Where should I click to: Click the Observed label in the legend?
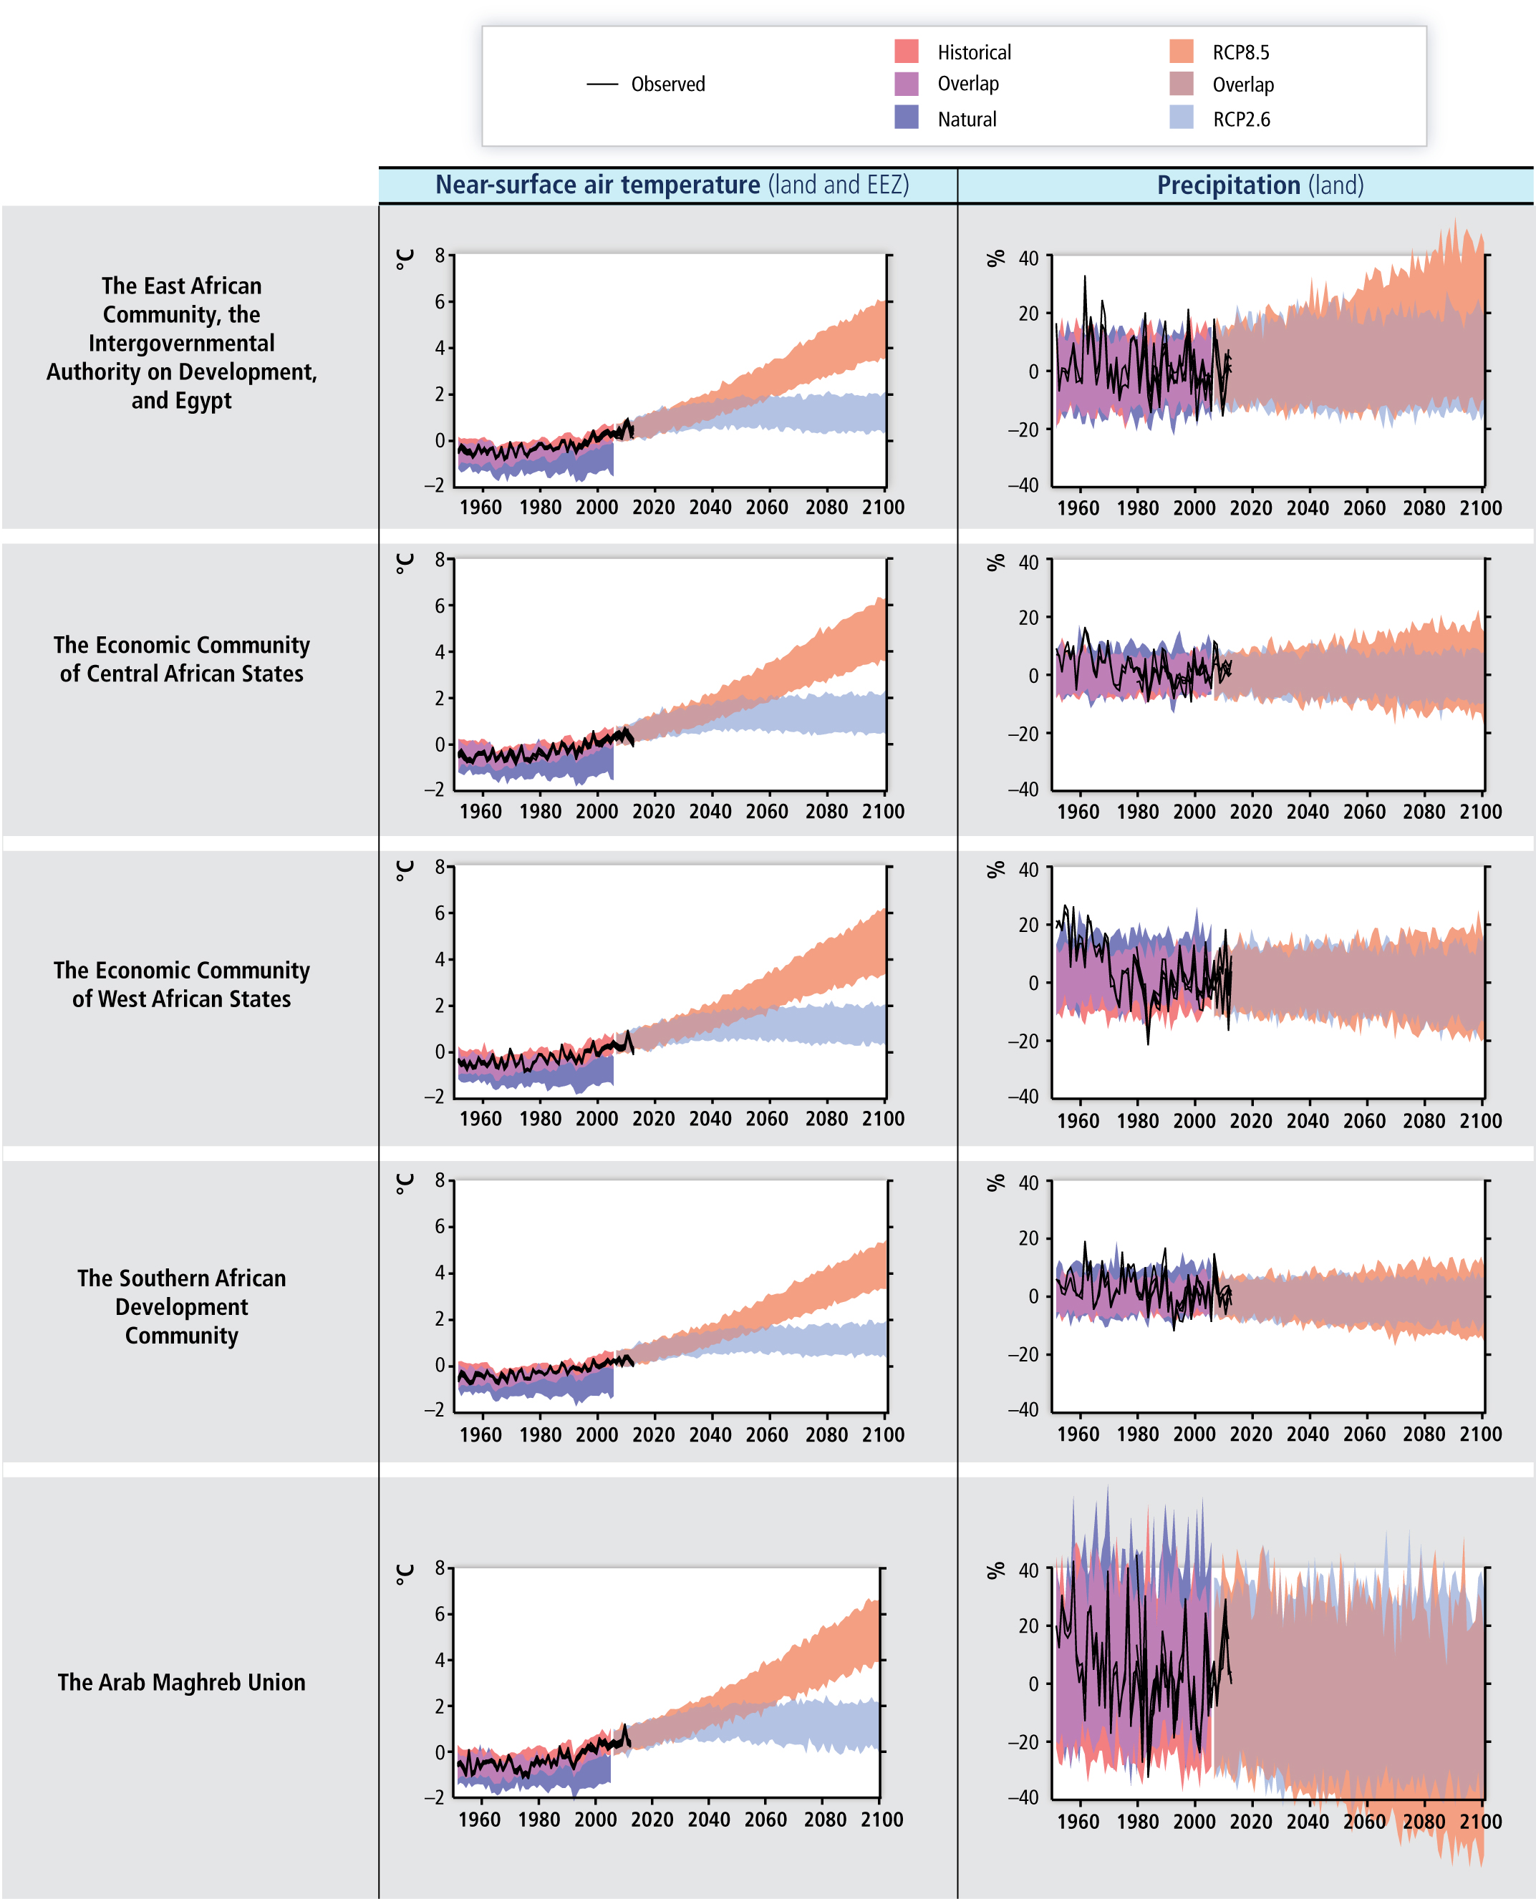click(x=668, y=84)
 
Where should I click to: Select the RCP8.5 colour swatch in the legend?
click(x=1182, y=52)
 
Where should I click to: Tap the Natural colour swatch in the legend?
click(x=907, y=117)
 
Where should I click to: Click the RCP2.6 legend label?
click(x=1242, y=120)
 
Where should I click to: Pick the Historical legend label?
click(x=974, y=52)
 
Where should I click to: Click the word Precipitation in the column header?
click(x=1228, y=185)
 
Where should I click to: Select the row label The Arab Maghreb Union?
click(x=181, y=1681)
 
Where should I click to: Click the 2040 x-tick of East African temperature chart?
click(x=710, y=507)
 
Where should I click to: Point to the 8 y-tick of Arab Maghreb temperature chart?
click(x=440, y=1568)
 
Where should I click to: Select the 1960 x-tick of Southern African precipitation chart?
click(x=1078, y=1434)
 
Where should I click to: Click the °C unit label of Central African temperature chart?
click(x=405, y=563)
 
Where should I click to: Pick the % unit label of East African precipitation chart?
click(x=996, y=258)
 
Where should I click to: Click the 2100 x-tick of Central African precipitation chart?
click(x=1480, y=811)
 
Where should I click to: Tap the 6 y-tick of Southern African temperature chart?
click(x=440, y=1226)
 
